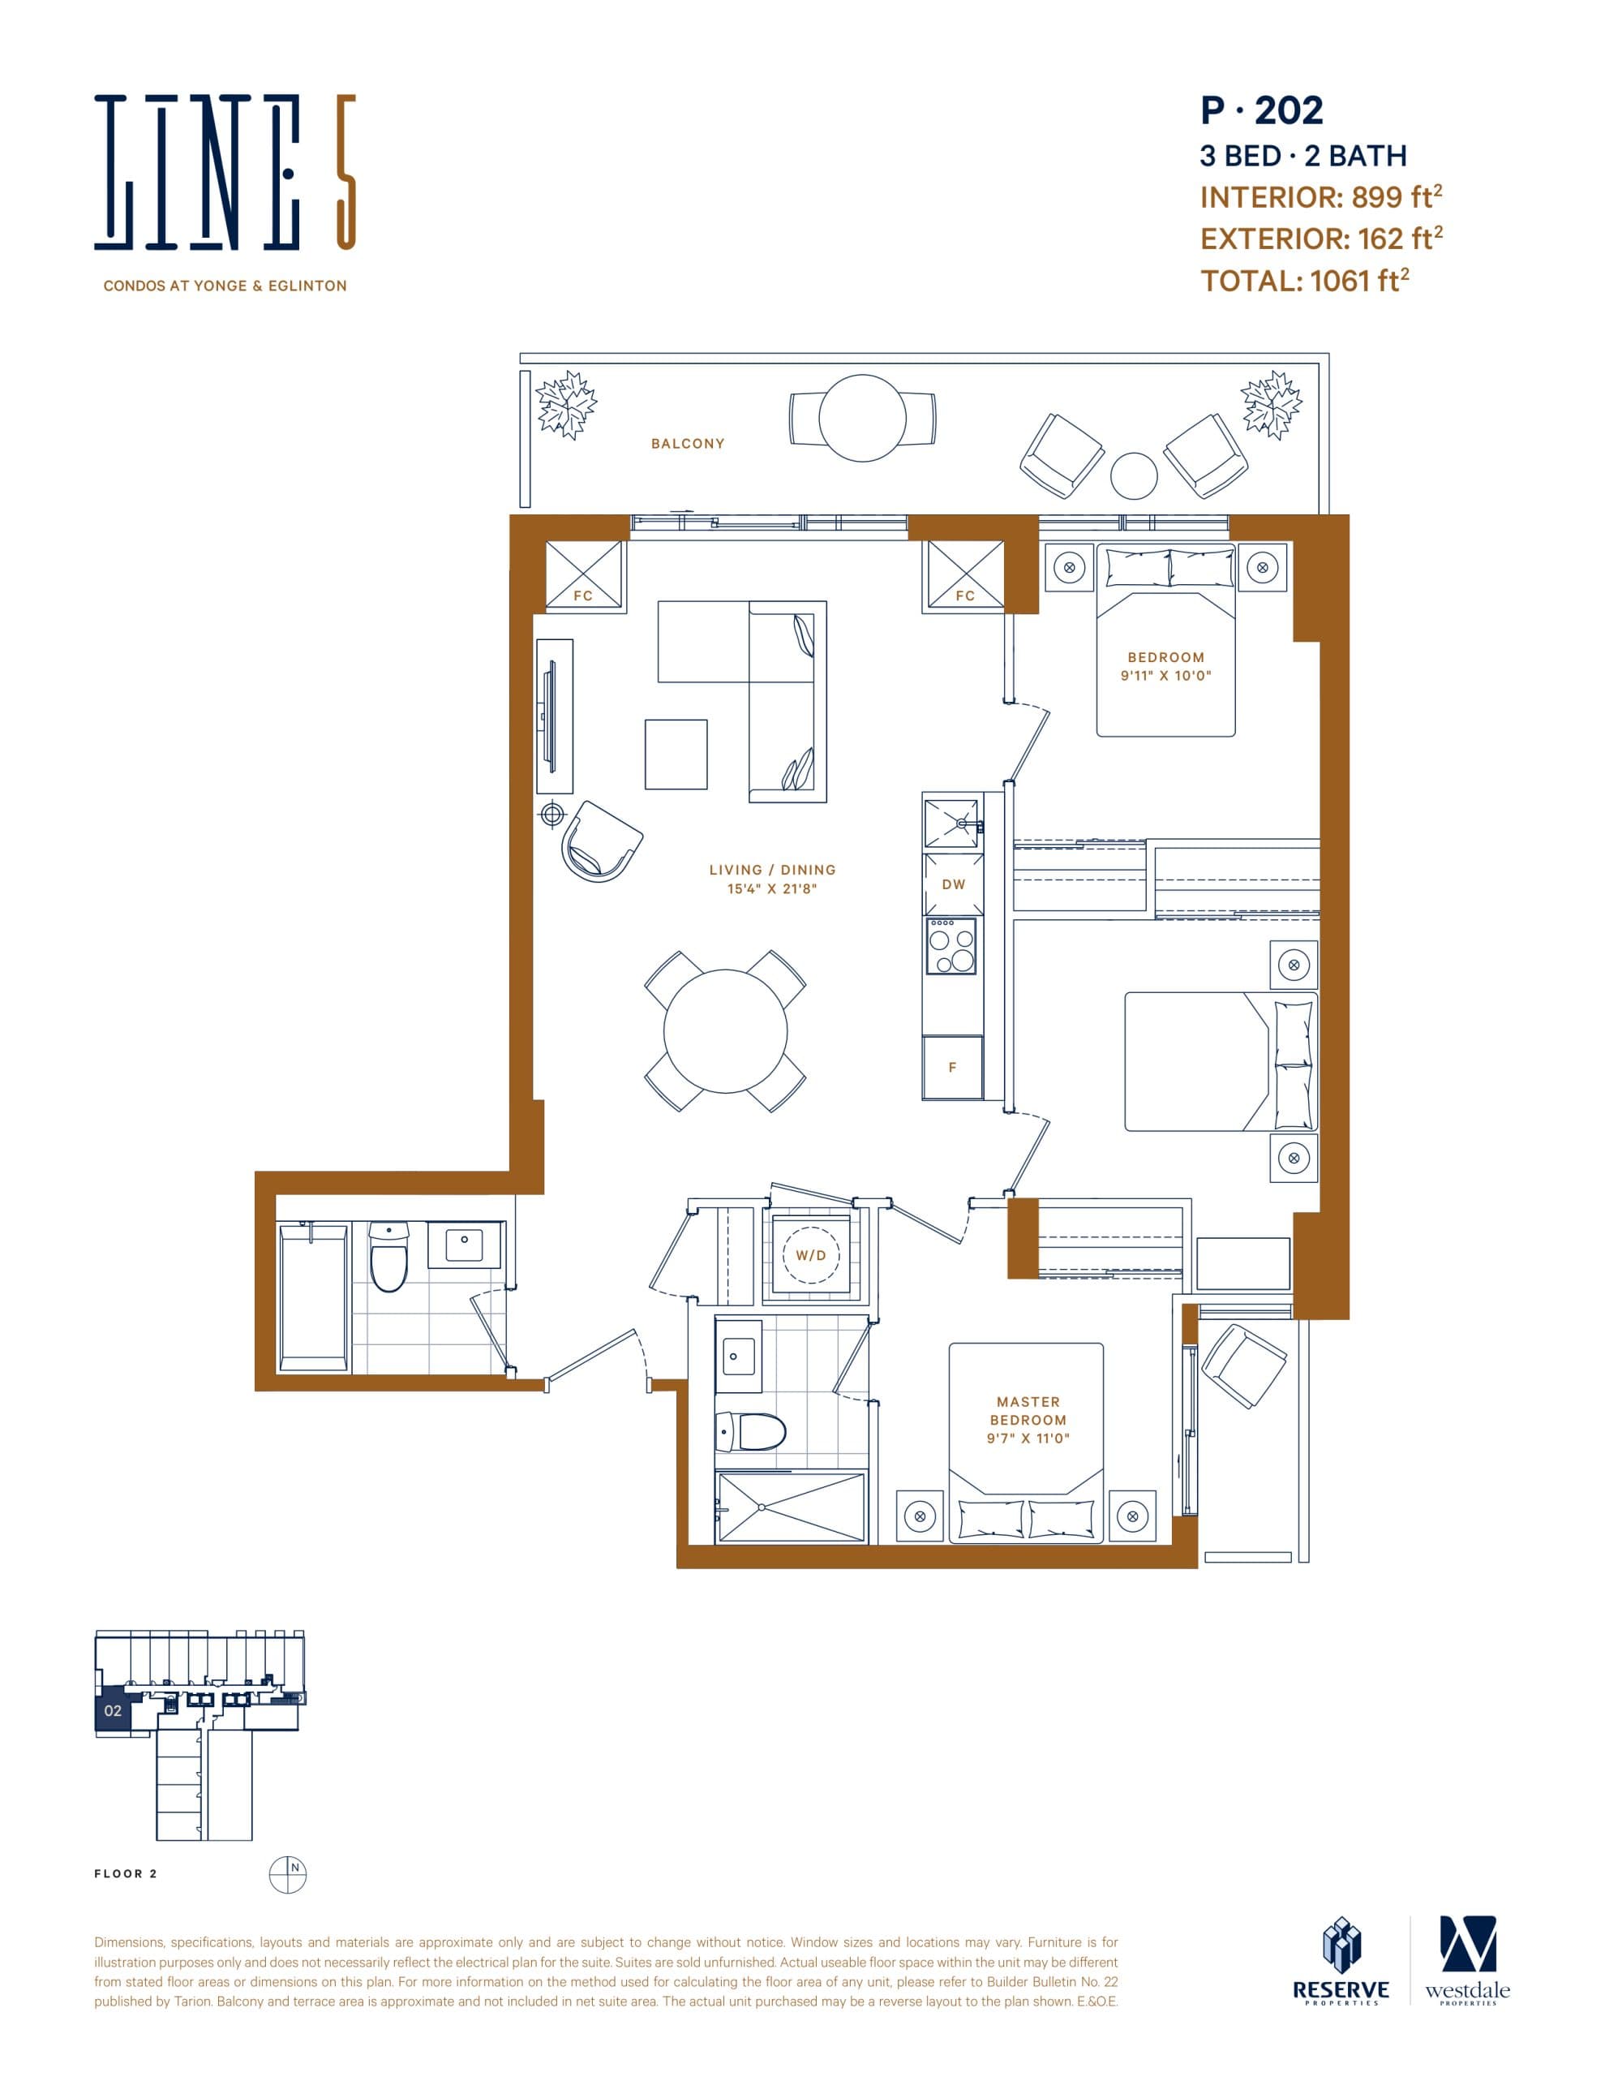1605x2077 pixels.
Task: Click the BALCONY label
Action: [x=688, y=443]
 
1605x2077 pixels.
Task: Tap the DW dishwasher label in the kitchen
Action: [x=953, y=884]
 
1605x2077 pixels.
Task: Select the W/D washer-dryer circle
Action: [x=811, y=1255]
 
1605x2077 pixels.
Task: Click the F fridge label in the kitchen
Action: [x=952, y=1068]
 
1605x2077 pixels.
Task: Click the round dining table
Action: [x=726, y=1031]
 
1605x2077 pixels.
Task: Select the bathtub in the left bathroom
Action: [x=313, y=1297]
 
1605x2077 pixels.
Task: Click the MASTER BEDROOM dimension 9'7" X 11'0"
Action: [x=1028, y=1438]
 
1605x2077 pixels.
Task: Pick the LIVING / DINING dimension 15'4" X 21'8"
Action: [x=772, y=889]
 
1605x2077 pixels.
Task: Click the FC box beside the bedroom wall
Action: [x=964, y=574]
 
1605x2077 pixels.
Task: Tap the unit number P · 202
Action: [x=1261, y=111]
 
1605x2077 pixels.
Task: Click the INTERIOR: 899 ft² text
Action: [x=1320, y=197]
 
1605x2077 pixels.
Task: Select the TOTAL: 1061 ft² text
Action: [x=1303, y=281]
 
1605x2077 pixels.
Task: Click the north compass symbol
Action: [x=287, y=1874]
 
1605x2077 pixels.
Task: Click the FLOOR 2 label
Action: [x=126, y=1873]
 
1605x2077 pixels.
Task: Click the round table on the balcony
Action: [x=861, y=419]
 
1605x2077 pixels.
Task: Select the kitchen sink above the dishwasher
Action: [x=952, y=823]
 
